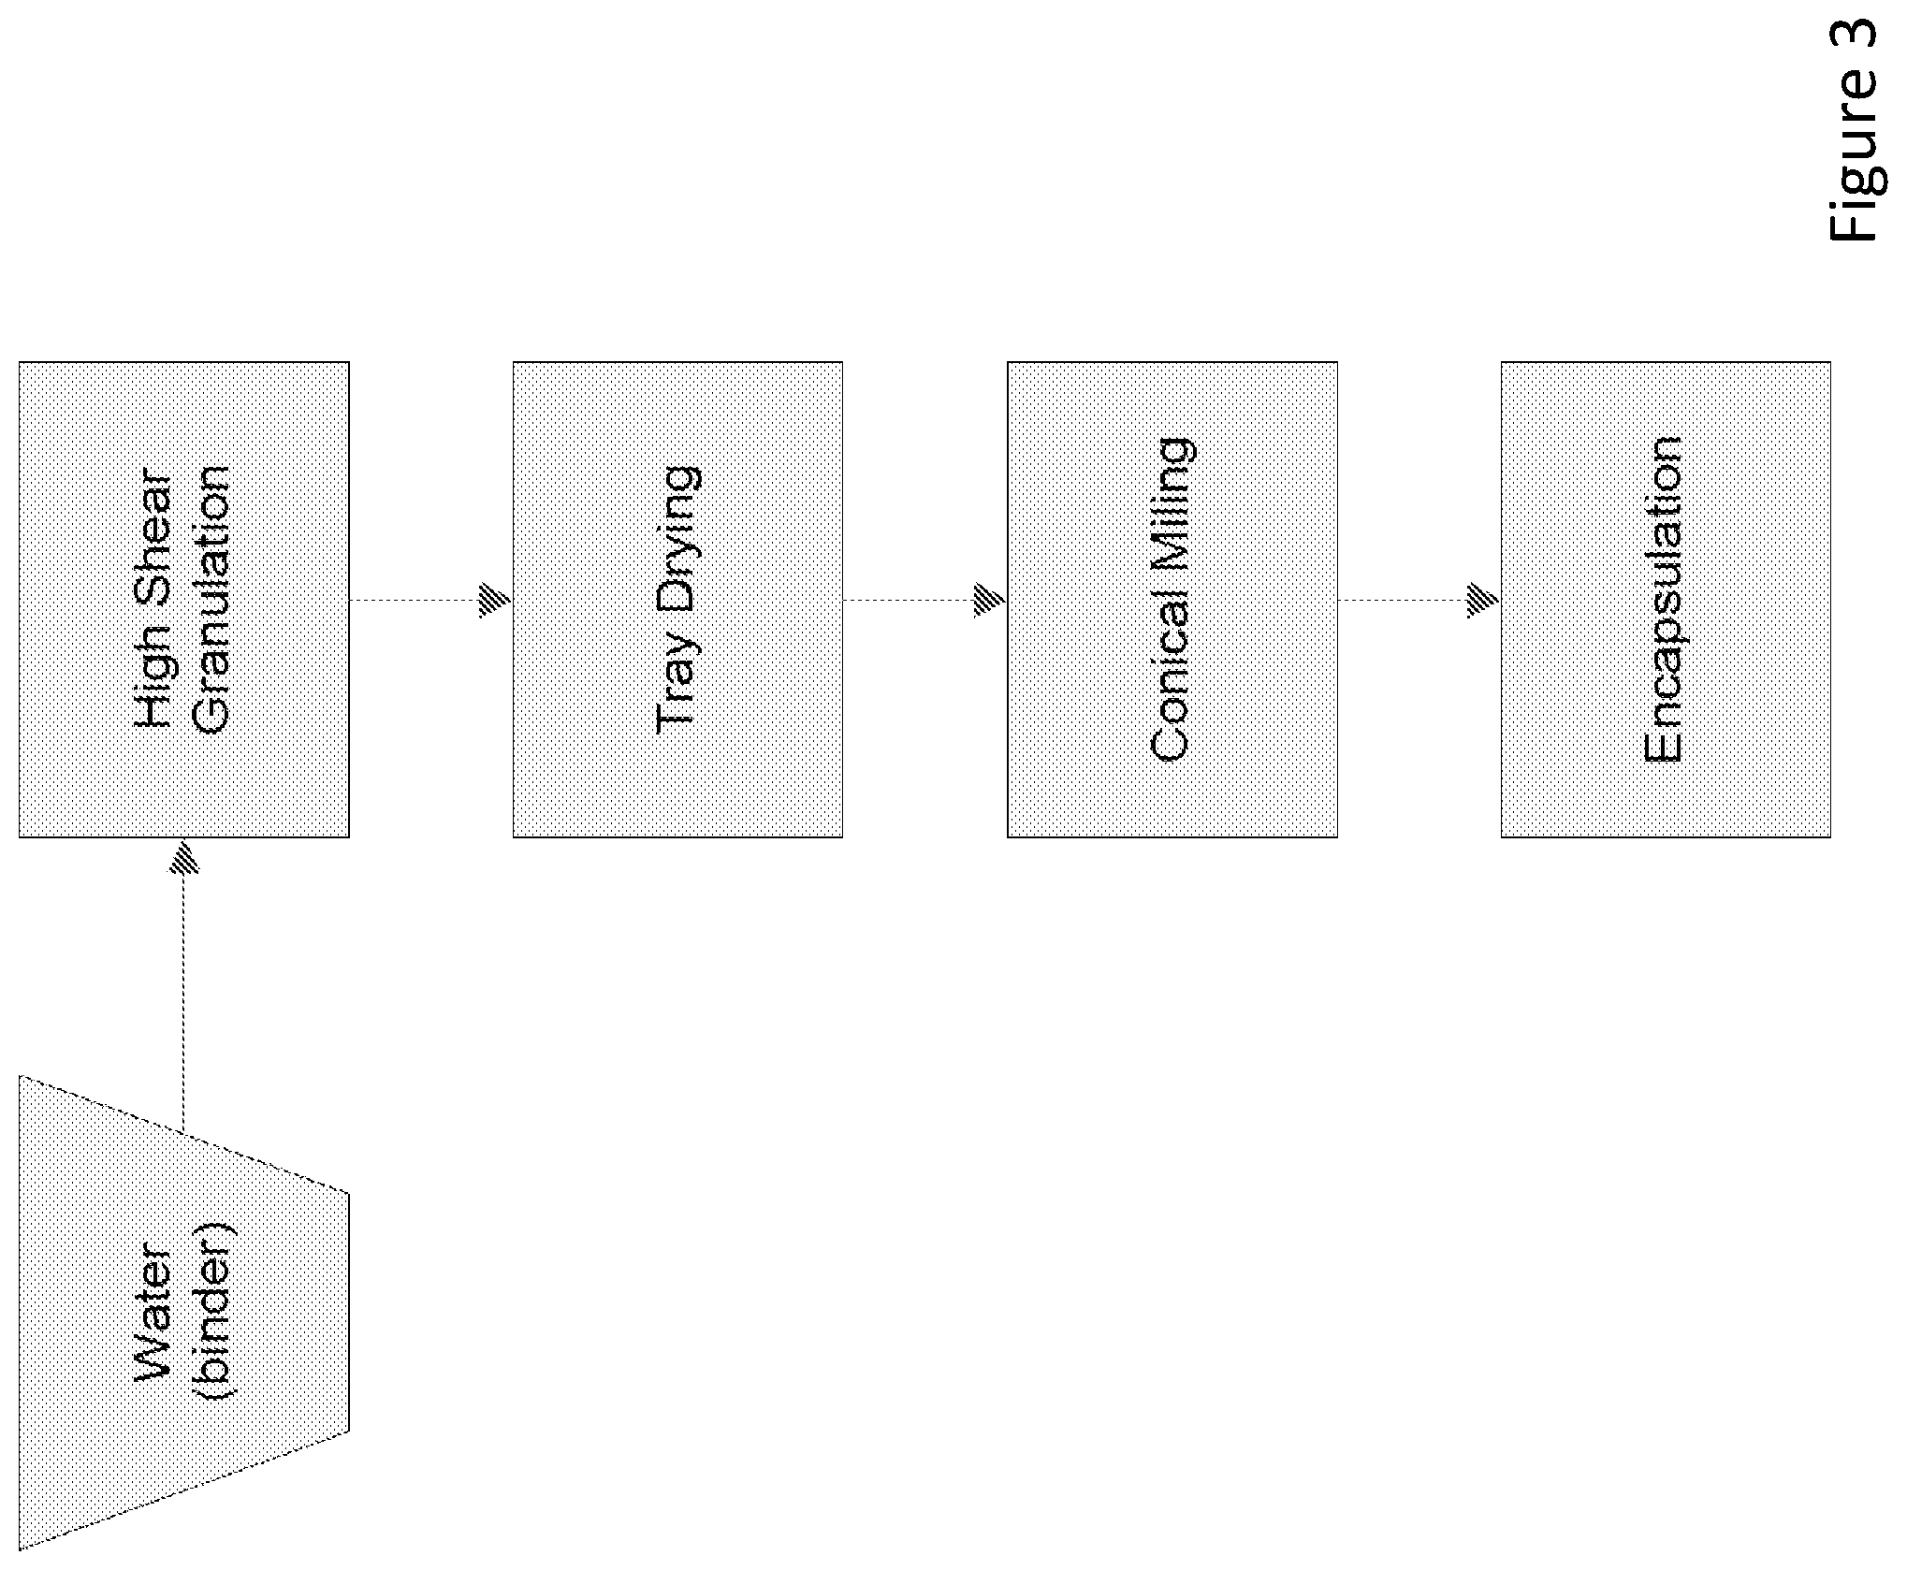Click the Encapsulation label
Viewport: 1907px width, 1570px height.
(1665, 599)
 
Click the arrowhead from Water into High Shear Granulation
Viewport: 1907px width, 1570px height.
(183, 856)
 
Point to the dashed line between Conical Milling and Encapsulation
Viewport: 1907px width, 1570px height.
(1403, 600)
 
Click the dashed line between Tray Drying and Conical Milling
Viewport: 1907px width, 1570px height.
(909, 600)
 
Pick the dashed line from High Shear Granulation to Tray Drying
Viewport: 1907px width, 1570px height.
(415, 600)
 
